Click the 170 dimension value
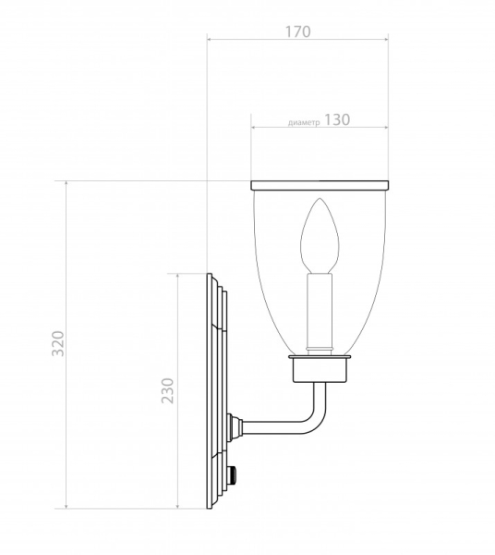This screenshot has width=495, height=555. point(296,30)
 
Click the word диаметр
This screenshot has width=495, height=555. point(303,122)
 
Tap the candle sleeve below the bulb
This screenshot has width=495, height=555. point(320,310)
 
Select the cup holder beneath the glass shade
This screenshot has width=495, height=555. point(320,369)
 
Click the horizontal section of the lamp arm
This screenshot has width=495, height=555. point(277,426)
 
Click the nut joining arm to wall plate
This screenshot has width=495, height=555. point(235,426)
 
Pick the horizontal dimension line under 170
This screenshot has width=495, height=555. point(296,40)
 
